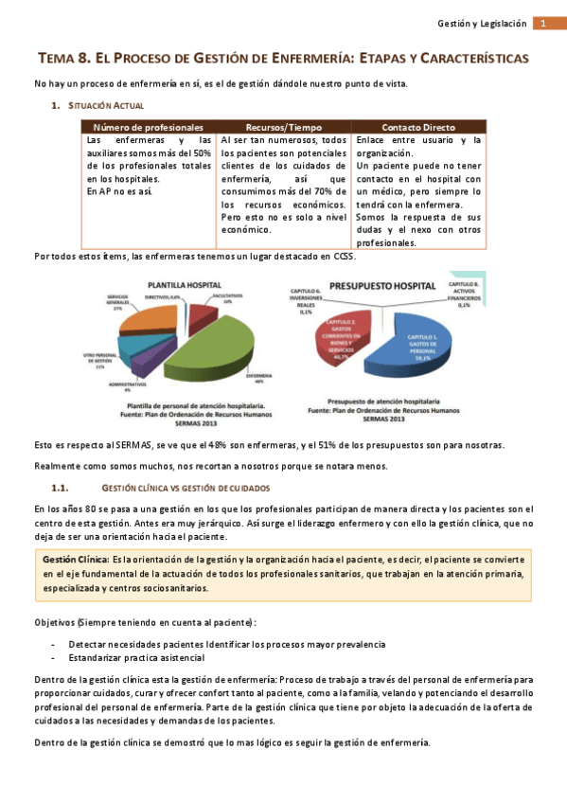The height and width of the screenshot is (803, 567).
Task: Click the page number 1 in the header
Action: click(x=545, y=24)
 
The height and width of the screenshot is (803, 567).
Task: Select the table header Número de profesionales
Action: click(x=149, y=126)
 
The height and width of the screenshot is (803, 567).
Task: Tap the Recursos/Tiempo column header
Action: click(x=284, y=126)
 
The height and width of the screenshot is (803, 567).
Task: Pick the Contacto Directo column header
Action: click(x=418, y=126)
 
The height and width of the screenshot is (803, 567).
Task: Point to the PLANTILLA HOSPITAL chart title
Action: click(x=184, y=284)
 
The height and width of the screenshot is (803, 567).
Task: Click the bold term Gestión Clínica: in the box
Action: click(x=76, y=559)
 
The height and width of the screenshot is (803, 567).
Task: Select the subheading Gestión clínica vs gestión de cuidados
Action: click(x=185, y=488)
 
